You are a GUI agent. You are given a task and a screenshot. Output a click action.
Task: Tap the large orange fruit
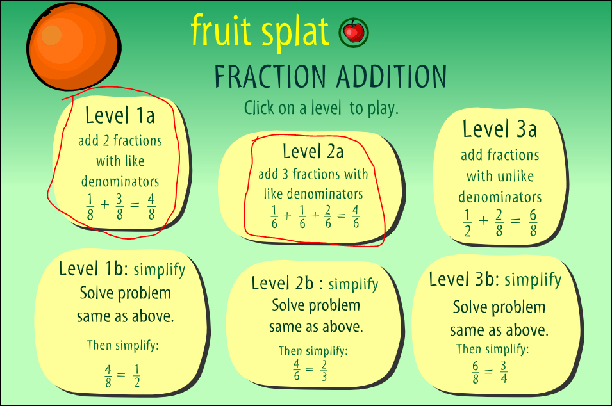click(74, 47)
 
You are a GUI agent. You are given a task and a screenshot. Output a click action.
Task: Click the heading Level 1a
click(120, 115)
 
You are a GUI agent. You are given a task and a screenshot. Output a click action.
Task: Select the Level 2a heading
click(313, 151)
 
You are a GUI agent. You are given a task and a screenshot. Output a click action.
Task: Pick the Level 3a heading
click(500, 129)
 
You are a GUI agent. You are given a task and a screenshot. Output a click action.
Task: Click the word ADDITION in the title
click(392, 76)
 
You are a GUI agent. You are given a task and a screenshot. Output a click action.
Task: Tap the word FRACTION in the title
click(270, 76)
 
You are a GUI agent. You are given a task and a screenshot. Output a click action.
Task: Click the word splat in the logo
click(295, 32)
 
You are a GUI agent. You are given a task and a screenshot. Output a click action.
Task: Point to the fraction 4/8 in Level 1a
click(151, 207)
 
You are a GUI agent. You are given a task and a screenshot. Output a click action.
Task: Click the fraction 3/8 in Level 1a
click(119, 207)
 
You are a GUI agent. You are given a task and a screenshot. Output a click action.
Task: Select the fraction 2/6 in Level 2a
click(328, 216)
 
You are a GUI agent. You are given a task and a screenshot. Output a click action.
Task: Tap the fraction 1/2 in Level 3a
click(467, 223)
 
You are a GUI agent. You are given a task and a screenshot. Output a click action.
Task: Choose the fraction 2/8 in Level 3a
click(499, 223)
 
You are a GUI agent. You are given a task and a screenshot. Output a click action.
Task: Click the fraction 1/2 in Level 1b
click(136, 376)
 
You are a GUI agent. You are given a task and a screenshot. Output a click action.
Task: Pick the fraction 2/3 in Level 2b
click(324, 370)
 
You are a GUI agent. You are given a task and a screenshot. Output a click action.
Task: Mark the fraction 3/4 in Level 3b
click(504, 371)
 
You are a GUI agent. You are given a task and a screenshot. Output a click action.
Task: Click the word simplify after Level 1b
click(159, 270)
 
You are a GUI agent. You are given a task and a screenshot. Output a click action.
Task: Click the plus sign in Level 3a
click(483, 221)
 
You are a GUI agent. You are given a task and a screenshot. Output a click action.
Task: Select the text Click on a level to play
click(321, 108)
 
